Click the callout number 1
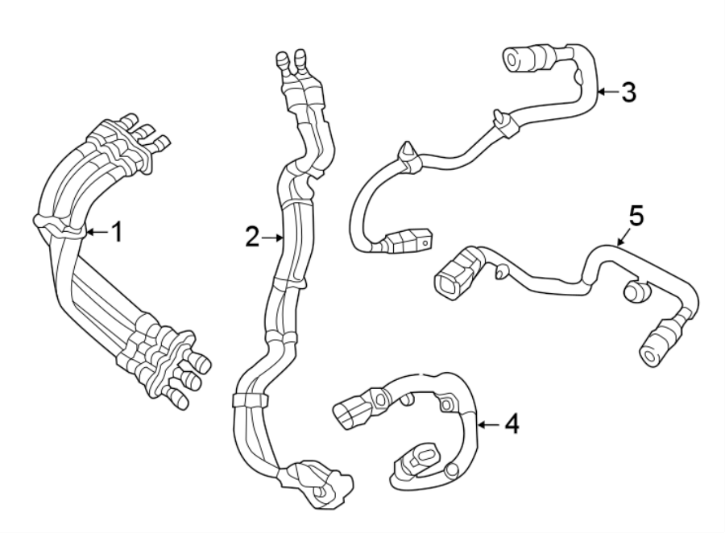tap(117, 233)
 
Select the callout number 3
tap(628, 93)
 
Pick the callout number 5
tap(636, 216)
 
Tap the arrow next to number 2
tap(272, 237)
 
